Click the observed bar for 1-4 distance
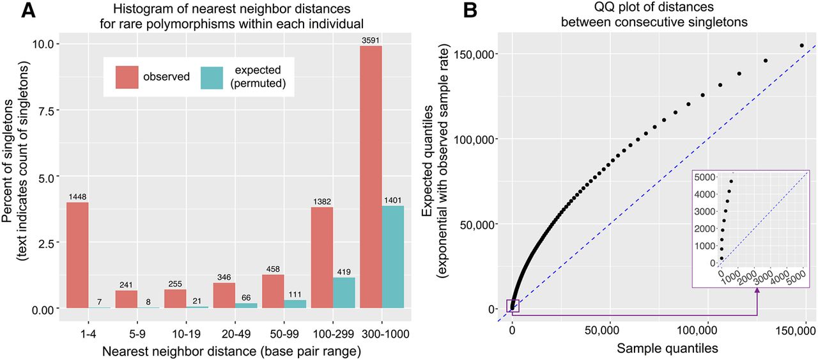[77, 255]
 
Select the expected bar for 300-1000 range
[392, 257]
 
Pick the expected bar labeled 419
[344, 293]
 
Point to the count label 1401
[392, 200]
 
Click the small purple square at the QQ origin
[513, 307]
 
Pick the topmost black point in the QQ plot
[802, 45]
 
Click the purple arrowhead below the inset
[757, 292]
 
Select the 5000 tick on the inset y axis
[705, 176]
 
